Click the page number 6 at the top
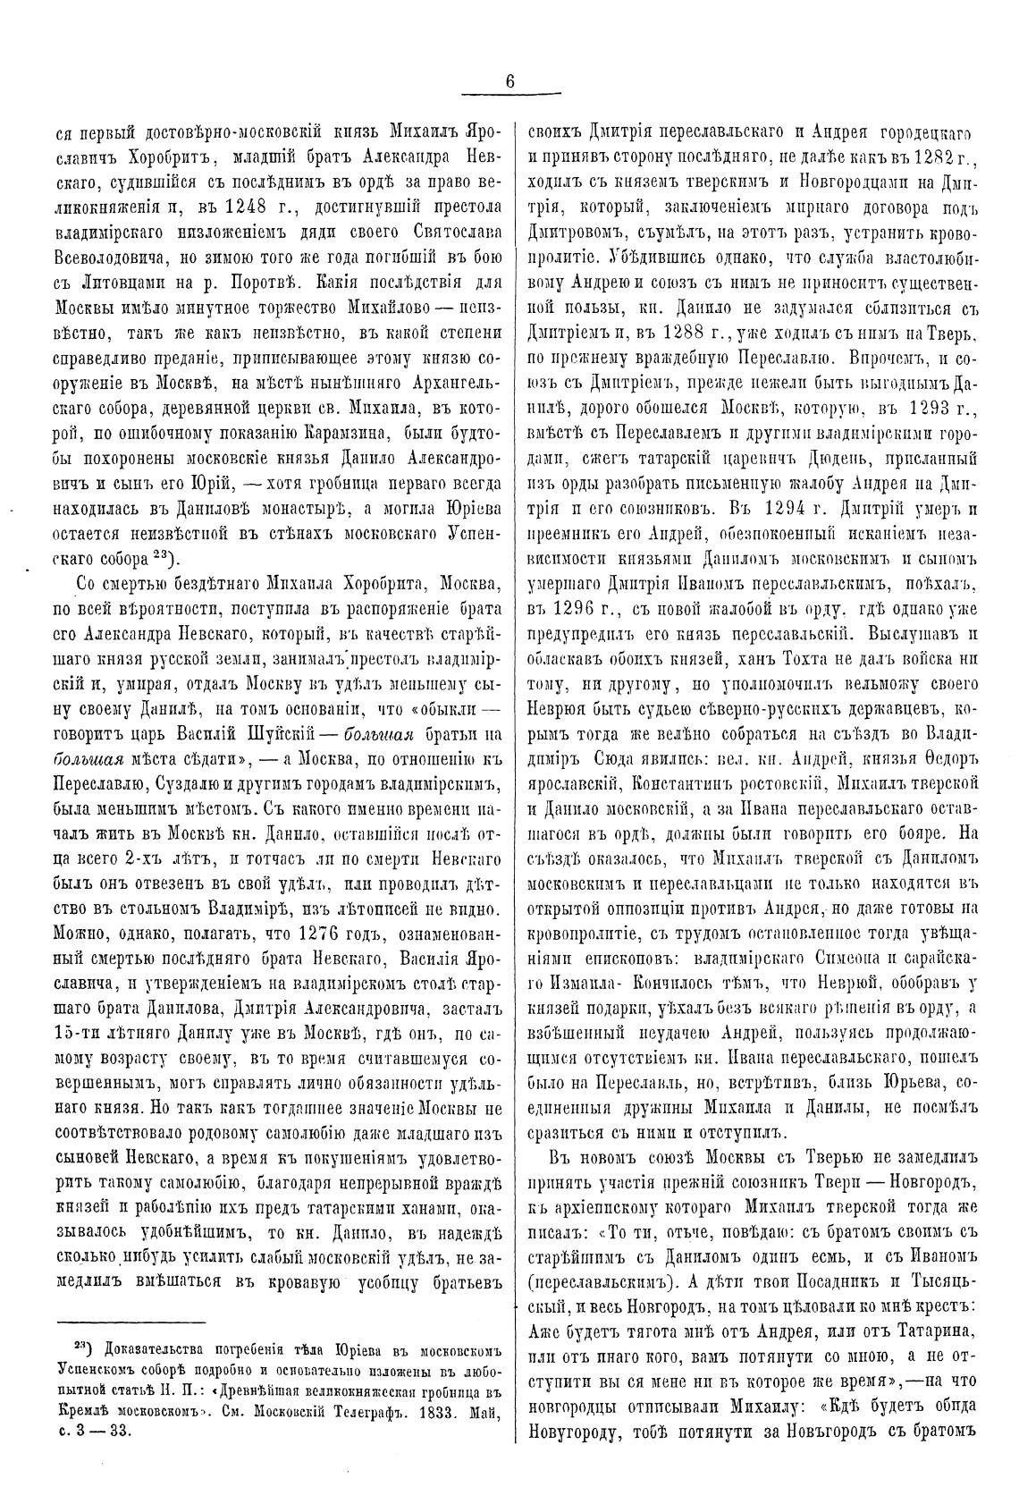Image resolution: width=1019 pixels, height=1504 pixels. click(x=509, y=80)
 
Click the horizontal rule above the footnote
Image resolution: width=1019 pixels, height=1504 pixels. click(x=131, y=1322)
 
